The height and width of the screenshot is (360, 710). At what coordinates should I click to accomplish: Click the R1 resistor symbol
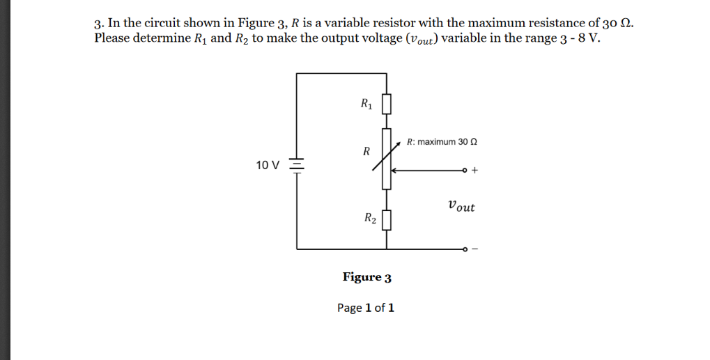pyautogui.click(x=386, y=105)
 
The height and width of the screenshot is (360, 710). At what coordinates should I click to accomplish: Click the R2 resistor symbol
pyautogui.click(x=386, y=221)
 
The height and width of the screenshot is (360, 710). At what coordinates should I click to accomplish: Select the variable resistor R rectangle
pyautogui.click(x=386, y=159)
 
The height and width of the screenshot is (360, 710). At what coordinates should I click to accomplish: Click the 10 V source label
pyautogui.click(x=268, y=166)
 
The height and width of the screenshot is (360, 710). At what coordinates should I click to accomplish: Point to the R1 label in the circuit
pyautogui.click(x=366, y=105)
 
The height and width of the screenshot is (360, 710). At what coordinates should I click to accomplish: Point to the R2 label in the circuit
pyautogui.click(x=370, y=219)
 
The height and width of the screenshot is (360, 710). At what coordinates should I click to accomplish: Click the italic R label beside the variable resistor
pyautogui.click(x=366, y=151)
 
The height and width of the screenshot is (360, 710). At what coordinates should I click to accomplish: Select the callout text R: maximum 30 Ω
pyautogui.click(x=442, y=142)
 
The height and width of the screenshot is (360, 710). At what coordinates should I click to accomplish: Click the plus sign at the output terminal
pyautogui.click(x=475, y=170)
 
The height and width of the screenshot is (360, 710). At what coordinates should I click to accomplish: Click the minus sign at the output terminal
pyautogui.click(x=475, y=249)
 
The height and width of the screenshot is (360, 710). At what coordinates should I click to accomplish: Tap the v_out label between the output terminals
pyautogui.click(x=461, y=206)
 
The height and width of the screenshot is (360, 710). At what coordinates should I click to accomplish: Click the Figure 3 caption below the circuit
pyautogui.click(x=366, y=277)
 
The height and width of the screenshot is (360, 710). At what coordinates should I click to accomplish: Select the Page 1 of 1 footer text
pyautogui.click(x=366, y=308)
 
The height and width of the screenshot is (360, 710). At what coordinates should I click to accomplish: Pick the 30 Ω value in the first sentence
pyautogui.click(x=619, y=22)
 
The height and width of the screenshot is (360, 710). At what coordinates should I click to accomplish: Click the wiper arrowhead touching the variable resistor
pyautogui.click(x=394, y=170)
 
